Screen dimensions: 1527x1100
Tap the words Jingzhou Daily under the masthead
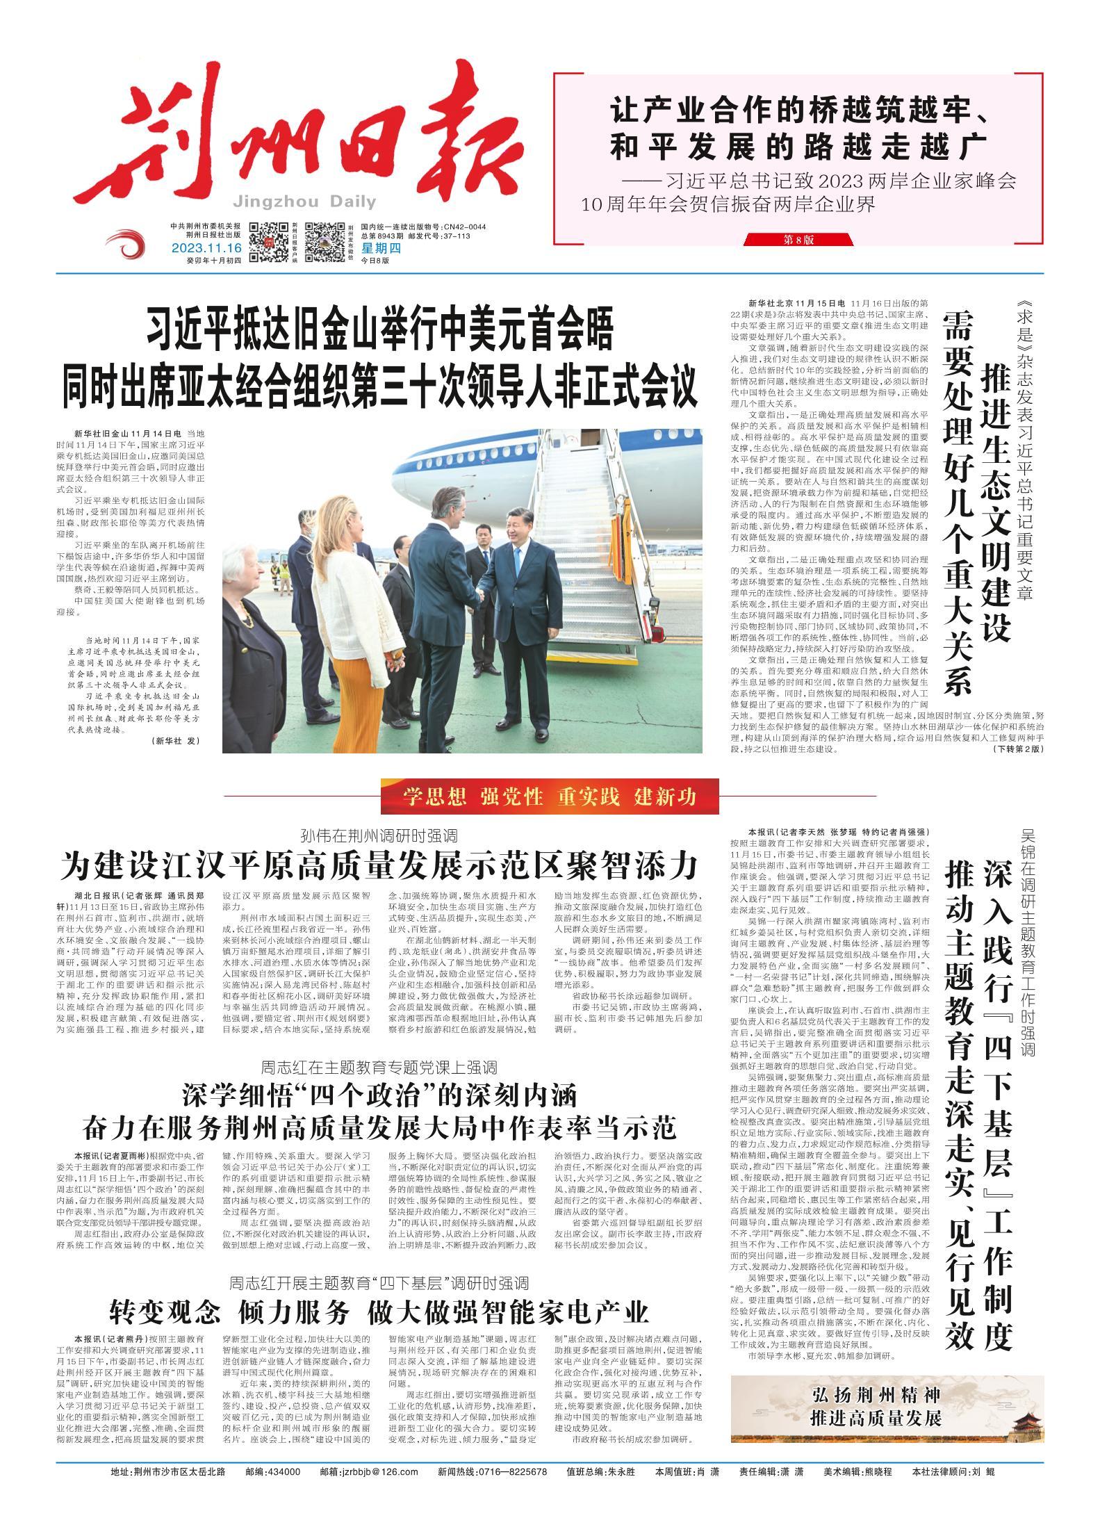(305, 202)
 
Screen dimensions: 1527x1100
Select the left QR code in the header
(268, 243)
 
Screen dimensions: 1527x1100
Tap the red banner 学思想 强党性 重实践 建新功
(549, 797)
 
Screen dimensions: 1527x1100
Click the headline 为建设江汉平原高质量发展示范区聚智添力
(378, 867)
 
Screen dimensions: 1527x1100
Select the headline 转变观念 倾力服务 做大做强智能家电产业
(379, 1311)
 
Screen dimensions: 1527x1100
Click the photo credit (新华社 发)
(175, 742)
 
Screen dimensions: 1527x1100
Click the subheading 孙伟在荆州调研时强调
(378, 835)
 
